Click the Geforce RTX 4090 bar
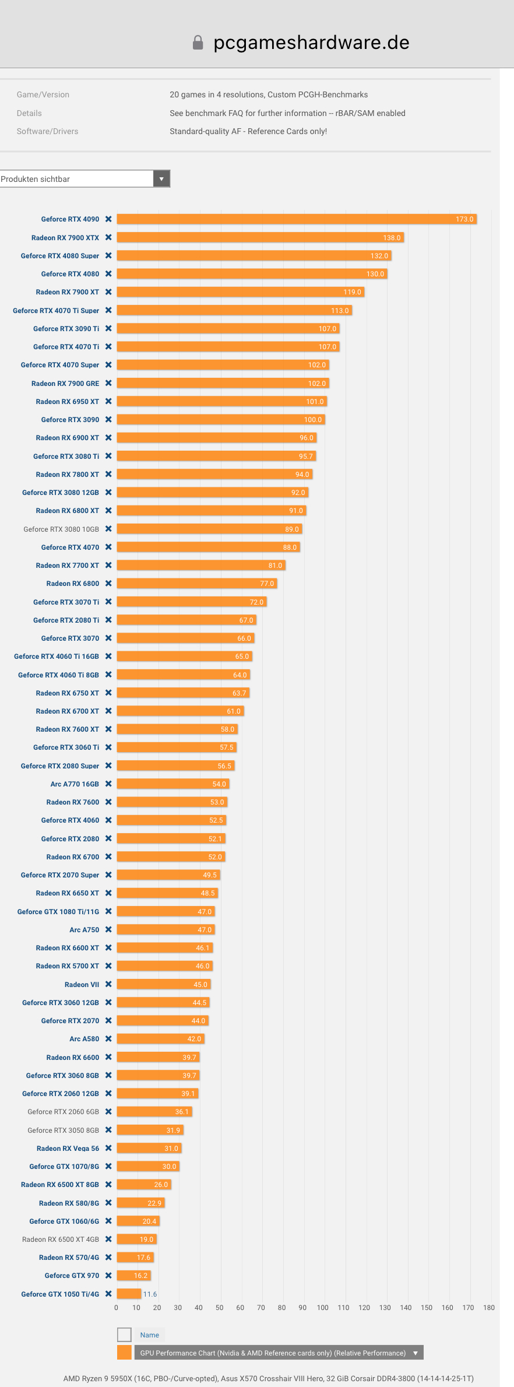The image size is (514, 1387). (x=297, y=219)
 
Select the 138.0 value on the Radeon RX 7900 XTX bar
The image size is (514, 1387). (x=392, y=238)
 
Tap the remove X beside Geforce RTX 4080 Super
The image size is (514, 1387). (x=108, y=256)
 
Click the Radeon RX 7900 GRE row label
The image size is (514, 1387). (x=65, y=384)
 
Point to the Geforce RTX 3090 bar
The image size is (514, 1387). (x=221, y=420)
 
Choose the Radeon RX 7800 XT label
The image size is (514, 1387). (x=68, y=475)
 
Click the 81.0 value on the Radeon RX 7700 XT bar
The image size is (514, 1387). (x=275, y=566)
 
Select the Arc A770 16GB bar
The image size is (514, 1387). (x=173, y=784)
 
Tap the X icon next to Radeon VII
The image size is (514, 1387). (x=108, y=985)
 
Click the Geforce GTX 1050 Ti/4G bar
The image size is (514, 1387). (x=129, y=1294)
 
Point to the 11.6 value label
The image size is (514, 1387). (x=150, y=1294)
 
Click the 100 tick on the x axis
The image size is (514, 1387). (x=323, y=1308)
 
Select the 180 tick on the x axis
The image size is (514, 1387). (x=489, y=1308)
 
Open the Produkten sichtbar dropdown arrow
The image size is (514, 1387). (x=161, y=179)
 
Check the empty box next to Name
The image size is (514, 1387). (x=124, y=1335)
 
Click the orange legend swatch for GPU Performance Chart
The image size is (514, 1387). (x=124, y=1353)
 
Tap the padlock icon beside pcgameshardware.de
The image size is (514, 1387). (x=198, y=43)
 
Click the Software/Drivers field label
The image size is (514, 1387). (x=47, y=132)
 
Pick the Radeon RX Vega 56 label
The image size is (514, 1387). (x=68, y=1149)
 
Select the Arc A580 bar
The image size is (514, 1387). (x=161, y=1039)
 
